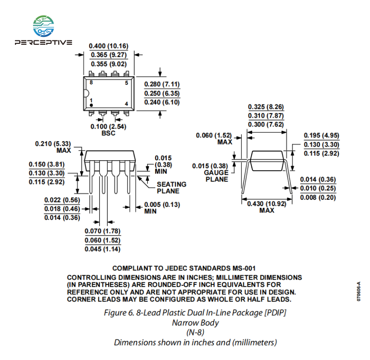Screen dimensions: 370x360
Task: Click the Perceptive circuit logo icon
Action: [44, 26]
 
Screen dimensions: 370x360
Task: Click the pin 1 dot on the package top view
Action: [91, 105]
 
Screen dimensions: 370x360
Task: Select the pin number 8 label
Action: [91, 83]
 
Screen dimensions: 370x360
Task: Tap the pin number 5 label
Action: [127, 83]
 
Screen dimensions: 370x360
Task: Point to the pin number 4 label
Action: [127, 104]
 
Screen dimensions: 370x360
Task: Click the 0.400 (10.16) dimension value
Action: [109, 46]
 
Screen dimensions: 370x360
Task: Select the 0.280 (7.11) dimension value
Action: [162, 84]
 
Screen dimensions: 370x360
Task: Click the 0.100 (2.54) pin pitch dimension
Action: [108, 126]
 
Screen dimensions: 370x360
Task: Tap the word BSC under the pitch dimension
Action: [108, 133]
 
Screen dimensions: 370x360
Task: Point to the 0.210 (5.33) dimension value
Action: [53, 144]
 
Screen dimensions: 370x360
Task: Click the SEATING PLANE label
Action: [171, 187]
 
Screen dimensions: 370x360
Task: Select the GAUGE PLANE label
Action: [217, 176]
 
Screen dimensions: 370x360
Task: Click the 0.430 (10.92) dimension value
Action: [267, 204]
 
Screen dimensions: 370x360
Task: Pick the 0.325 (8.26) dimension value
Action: [266, 107]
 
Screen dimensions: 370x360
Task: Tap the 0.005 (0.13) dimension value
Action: [162, 205]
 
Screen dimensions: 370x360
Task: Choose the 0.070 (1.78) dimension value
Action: [103, 231]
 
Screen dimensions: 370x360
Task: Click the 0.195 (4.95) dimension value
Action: [321, 135]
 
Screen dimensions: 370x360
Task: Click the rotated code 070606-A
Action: [359, 292]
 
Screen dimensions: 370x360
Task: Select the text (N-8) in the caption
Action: [196, 332]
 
